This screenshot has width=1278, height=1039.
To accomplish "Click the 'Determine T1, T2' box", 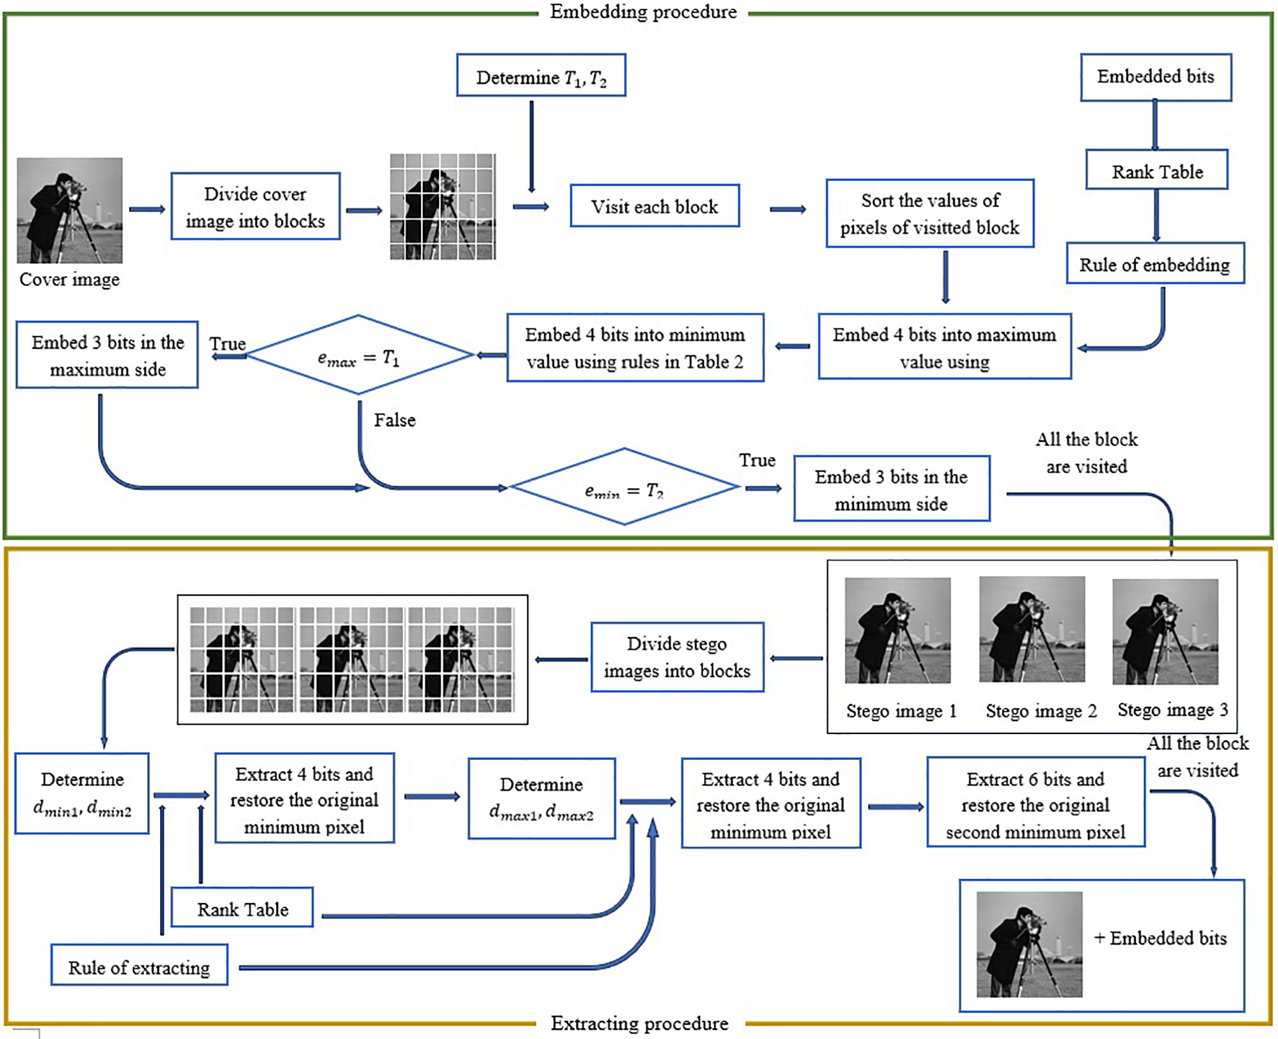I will point(541,76).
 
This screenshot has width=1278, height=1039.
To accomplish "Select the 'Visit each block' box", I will point(654,206).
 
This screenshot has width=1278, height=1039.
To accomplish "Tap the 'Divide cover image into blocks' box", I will point(255,206).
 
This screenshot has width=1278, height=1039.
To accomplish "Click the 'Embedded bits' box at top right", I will point(1155,77).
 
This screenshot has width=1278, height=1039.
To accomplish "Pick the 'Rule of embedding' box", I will point(1155,263).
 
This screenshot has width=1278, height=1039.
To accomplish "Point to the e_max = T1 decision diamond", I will point(359,356).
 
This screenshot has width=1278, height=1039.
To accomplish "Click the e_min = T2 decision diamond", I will point(625,487).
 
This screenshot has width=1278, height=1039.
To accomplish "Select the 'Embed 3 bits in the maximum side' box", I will point(107,355).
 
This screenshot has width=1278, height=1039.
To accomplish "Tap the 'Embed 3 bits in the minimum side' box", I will point(892,489).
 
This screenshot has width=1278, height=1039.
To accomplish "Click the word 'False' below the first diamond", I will point(395,420).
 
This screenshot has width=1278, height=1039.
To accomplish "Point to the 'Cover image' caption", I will point(69,280).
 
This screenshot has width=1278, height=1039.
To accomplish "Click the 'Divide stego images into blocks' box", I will point(677,657).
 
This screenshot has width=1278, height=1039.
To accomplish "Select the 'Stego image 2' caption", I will point(1041,711).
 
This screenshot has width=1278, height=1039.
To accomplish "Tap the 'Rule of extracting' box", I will point(139,968).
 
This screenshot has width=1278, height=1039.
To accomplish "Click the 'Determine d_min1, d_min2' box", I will point(82,793).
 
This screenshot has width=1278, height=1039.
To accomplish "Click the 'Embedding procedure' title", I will point(643,12).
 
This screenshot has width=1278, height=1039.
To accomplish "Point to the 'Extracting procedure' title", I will point(640,1023).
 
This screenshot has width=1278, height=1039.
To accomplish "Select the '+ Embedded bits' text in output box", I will point(1160,938).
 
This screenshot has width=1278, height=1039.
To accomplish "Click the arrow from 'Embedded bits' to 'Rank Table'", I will point(1155,125).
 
